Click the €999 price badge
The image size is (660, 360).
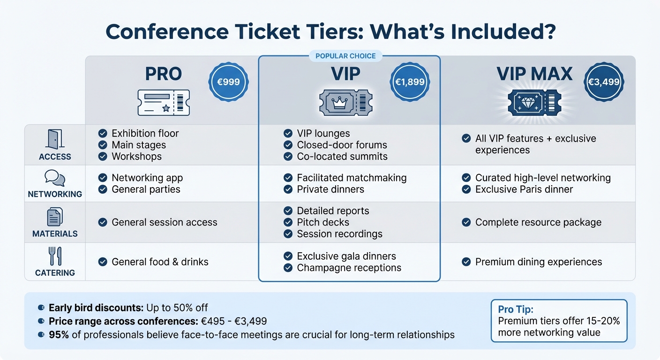click(228, 82)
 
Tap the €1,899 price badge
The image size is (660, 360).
click(410, 82)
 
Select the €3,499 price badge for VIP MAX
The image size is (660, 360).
click(604, 82)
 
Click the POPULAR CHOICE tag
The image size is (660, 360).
click(345, 56)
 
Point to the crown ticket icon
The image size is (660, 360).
click(345, 103)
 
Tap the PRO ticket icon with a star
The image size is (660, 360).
click(164, 103)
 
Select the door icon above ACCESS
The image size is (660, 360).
click(55, 139)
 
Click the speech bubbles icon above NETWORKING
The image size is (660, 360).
click(55, 178)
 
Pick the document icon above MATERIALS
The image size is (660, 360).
click(55, 217)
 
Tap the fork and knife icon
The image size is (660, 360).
click(55, 256)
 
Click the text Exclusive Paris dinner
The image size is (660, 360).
click(524, 189)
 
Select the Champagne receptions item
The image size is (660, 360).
click(349, 268)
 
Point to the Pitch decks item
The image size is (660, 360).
click(323, 222)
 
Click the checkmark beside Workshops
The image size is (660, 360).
click(103, 157)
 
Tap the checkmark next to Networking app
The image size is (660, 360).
click(103, 178)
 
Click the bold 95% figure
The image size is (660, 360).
click(57, 335)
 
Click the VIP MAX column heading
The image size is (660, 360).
click(534, 74)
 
